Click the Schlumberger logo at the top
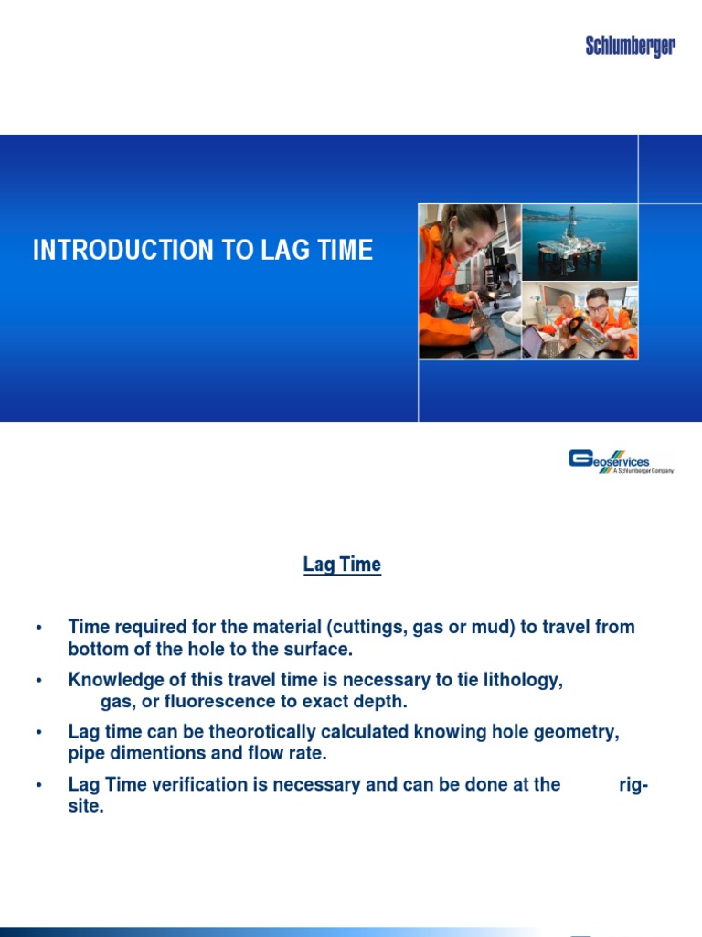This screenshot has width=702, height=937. coord(630,46)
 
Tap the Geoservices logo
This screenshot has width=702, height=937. coord(621,461)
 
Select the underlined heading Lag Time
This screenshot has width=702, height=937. coord(342,565)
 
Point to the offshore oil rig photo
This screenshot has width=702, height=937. coord(580,242)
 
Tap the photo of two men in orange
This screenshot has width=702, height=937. coord(580,319)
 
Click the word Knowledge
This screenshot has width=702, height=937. coord(114,681)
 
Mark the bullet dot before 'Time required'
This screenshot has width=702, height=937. coord(39,629)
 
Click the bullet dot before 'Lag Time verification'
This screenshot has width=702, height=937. coord(39,786)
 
